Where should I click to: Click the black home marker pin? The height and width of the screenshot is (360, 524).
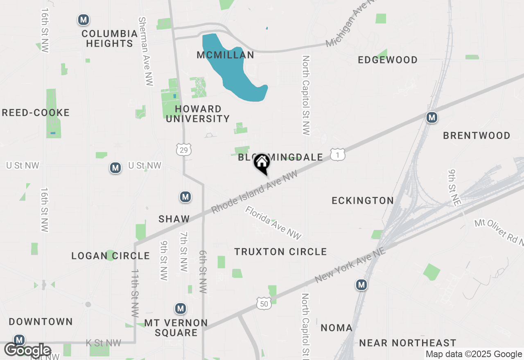coord(262,164)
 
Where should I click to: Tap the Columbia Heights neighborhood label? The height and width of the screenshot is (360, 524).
coord(109,38)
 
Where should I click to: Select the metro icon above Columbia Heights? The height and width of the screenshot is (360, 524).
coord(84,20)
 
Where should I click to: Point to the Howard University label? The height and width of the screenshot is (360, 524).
coord(198,114)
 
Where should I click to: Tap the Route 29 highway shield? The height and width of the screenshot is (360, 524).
coord(184,150)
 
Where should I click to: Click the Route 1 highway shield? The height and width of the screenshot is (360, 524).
coord(338,155)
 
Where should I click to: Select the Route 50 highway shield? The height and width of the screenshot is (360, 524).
coord(264,303)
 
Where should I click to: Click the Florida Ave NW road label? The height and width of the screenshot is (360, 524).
coord(273,223)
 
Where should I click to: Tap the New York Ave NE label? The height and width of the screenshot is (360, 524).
coord(350,266)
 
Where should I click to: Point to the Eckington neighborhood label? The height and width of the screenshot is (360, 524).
coord(363,200)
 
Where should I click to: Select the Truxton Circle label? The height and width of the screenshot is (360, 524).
coord(280,252)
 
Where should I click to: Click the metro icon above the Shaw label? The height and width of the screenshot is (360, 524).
coord(185,197)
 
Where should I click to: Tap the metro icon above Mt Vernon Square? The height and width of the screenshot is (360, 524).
coord(180,308)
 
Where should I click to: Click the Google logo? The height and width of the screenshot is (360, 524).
coord(27,350)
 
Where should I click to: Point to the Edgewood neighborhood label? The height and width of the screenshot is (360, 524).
coord(387,60)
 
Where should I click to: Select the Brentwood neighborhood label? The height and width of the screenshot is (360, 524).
coord(477,135)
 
